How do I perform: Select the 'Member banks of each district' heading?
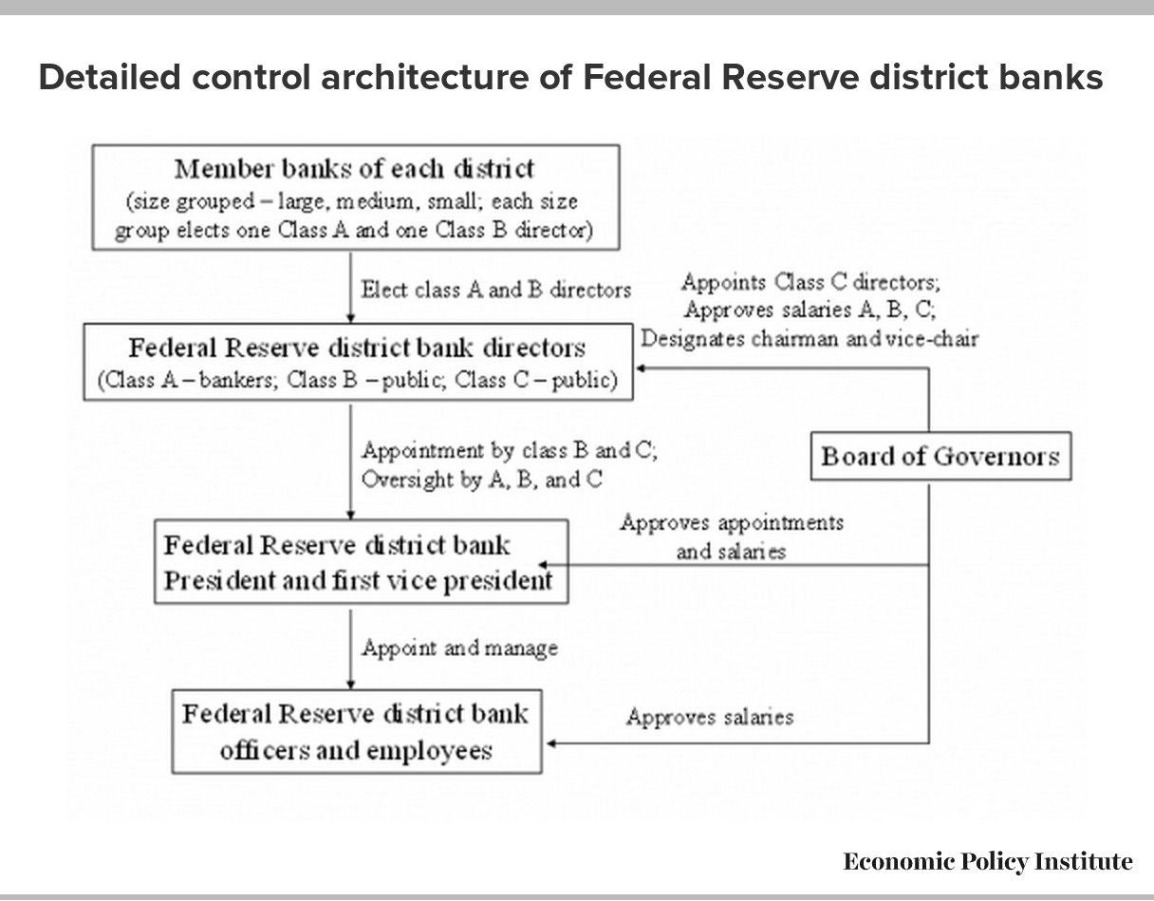[355, 169]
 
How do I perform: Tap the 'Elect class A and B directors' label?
[496, 291]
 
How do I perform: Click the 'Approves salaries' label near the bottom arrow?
[710, 717]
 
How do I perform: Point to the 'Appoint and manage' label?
[460, 648]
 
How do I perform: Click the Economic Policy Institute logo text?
[988, 862]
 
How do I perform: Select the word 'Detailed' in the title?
[110, 78]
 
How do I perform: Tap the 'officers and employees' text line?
[356, 751]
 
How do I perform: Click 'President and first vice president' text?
[358, 581]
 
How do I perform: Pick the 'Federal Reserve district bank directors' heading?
[357, 348]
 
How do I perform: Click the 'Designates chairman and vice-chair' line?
[810, 339]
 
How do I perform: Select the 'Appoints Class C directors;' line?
[811, 282]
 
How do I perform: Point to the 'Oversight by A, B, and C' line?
[482, 479]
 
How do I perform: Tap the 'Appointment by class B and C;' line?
[510, 450]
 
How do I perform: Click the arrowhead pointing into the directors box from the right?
[641, 368]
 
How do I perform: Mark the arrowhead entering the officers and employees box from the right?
[550, 743]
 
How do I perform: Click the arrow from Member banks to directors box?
[350, 288]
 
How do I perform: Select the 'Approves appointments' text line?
[732, 523]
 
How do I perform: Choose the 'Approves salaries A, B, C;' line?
[810, 310]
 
